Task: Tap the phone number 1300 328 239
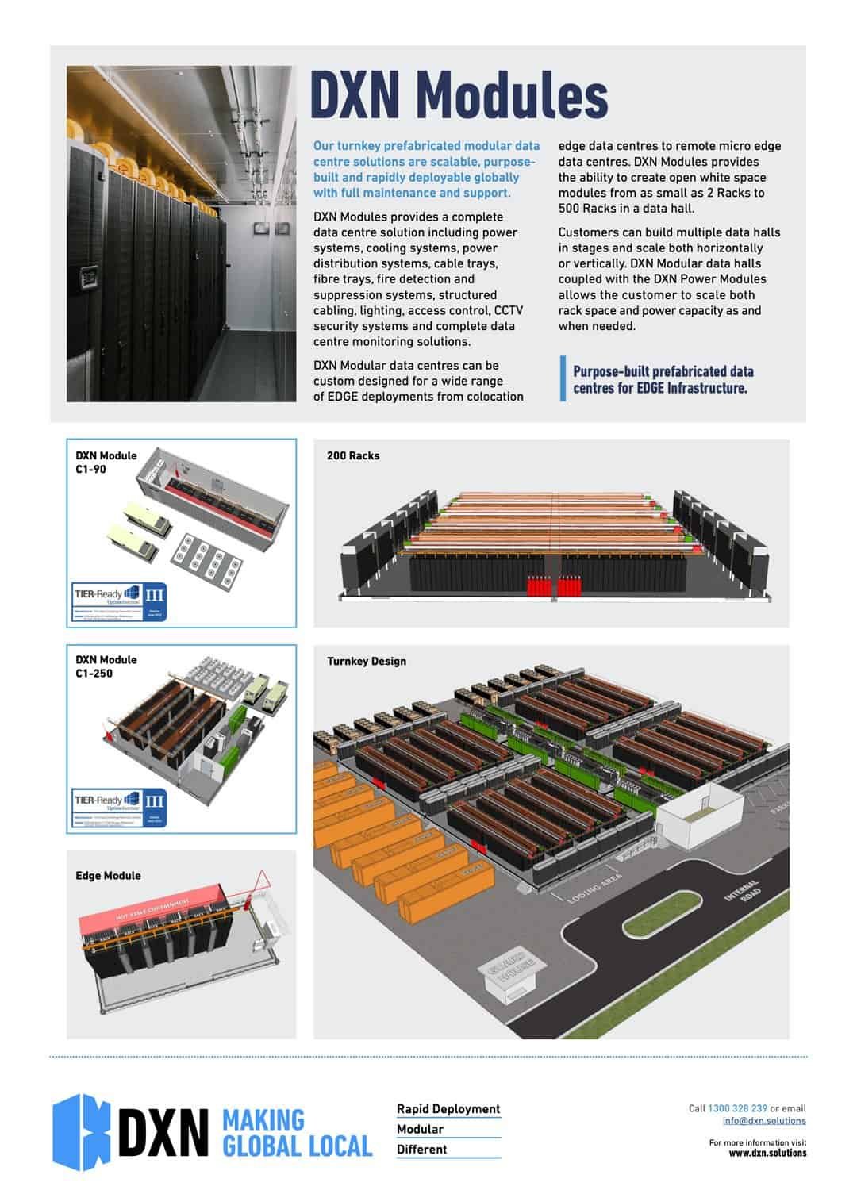737,1108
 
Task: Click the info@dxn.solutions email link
764,1121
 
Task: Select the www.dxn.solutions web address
767,1153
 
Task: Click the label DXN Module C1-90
106,463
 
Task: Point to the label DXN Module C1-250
106,666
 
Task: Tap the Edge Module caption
108,876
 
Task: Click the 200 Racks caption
353,456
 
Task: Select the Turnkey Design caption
367,662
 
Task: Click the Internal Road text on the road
744,892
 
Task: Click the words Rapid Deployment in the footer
448,1109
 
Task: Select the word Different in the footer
421,1150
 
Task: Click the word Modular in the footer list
420,1129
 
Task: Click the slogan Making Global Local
297,1133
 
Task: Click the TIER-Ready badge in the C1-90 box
120,602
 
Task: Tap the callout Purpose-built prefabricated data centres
663,380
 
